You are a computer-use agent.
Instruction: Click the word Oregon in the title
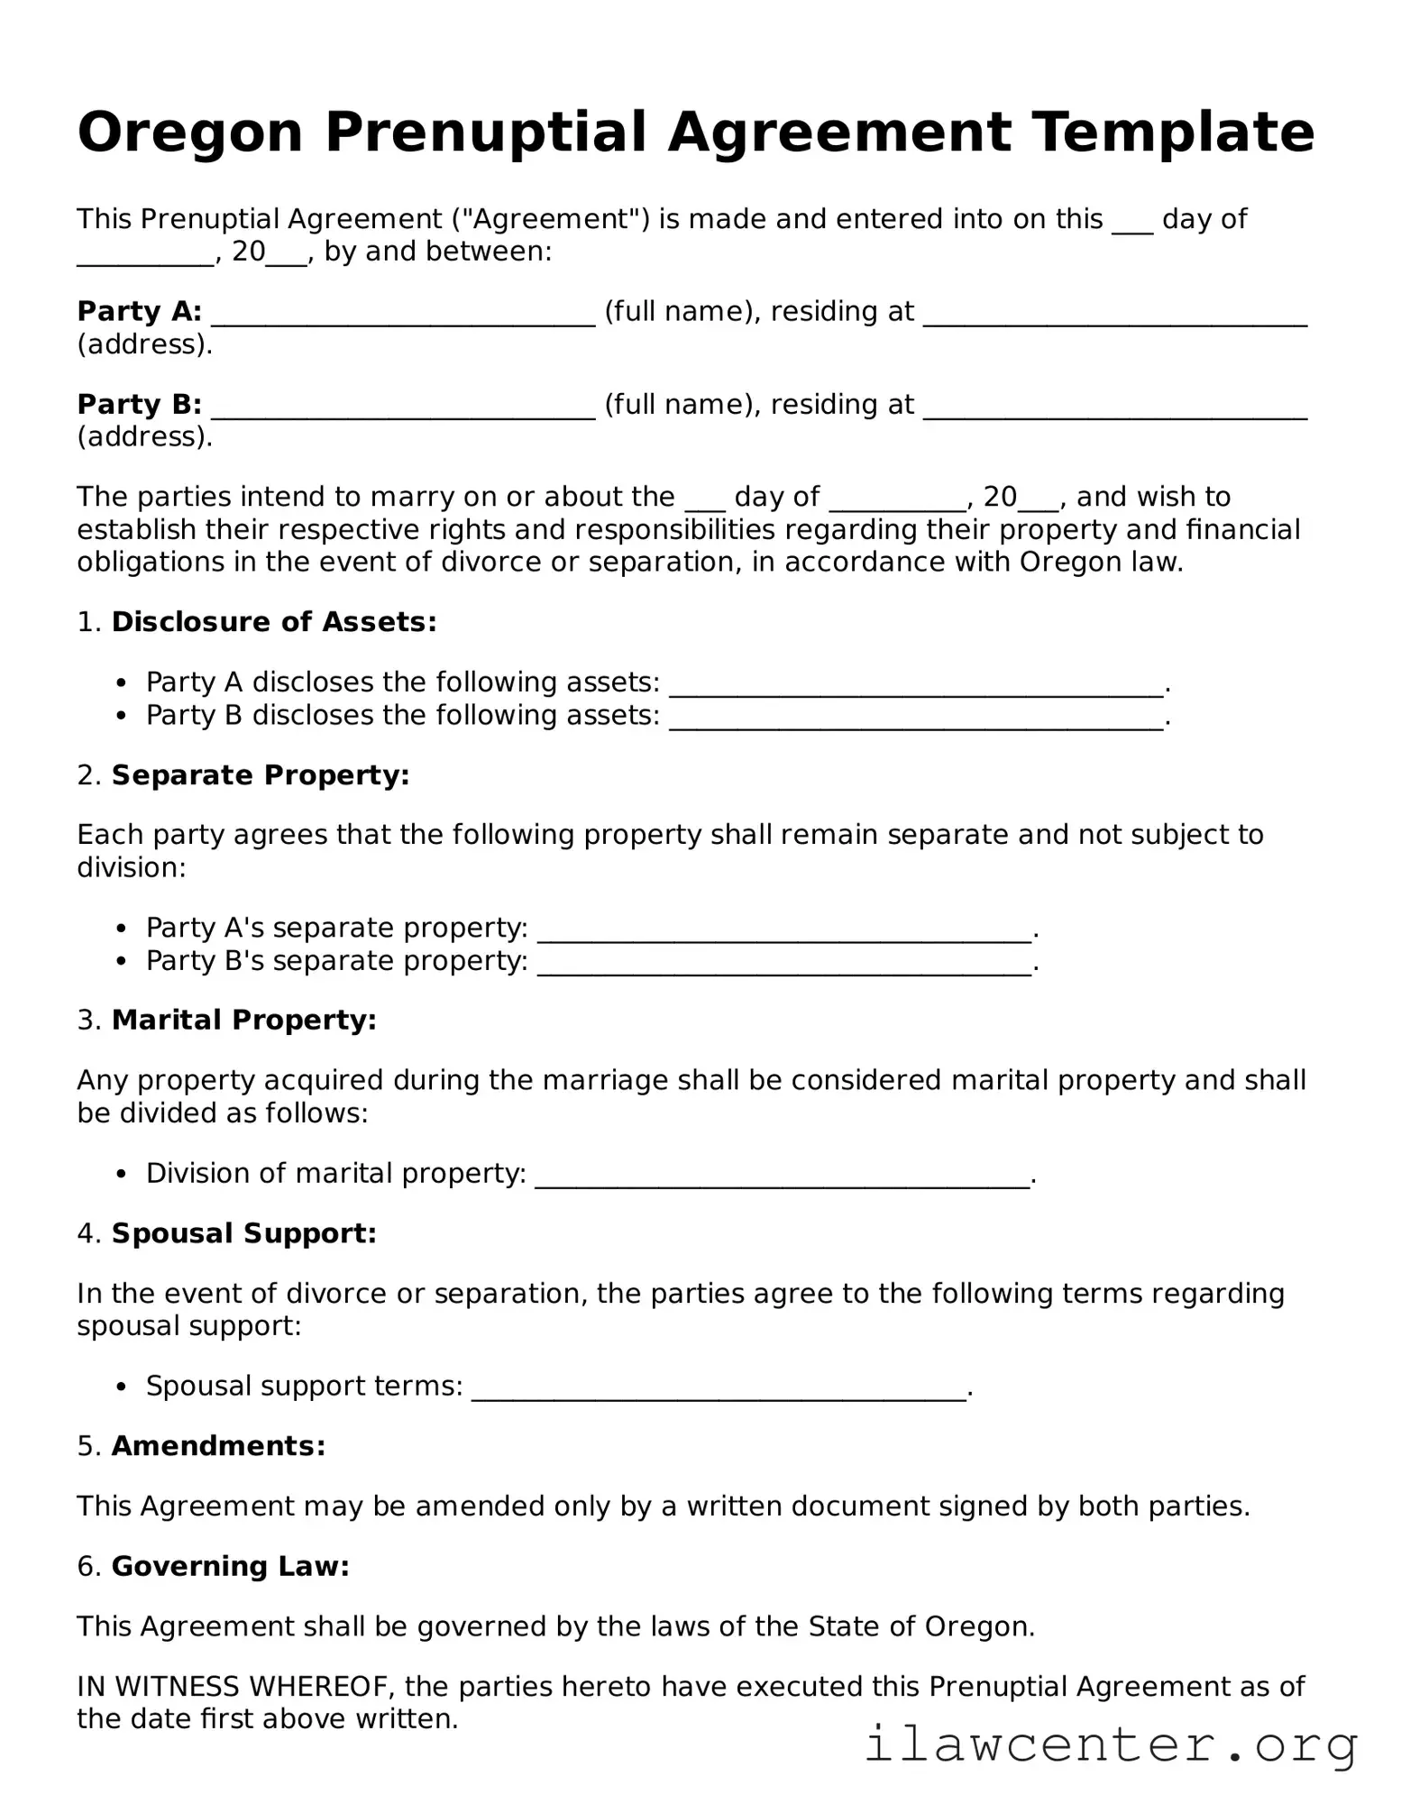click(x=189, y=133)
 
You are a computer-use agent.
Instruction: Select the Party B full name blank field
click(x=402, y=408)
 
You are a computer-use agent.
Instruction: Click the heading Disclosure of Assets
click(x=273, y=622)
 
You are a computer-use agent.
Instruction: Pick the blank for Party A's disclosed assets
click(x=916, y=686)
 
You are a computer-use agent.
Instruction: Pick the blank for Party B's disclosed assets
click(x=916, y=719)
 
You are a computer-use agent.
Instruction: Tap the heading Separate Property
click(x=260, y=775)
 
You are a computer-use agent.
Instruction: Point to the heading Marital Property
click(x=243, y=1021)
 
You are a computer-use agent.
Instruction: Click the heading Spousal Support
click(x=243, y=1233)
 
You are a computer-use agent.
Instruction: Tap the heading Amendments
click(x=218, y=1446)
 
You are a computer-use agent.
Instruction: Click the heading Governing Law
click(x=230, y=1567)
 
